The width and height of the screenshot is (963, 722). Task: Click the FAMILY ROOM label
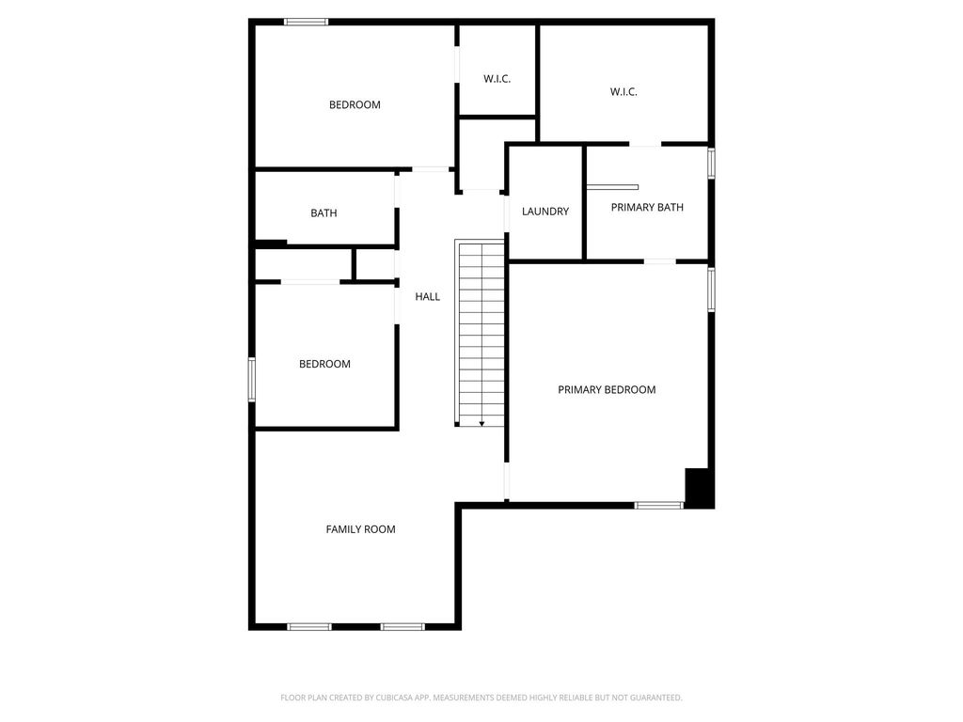tap(360, 529)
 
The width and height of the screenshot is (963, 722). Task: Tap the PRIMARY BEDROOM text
tap(607, 390)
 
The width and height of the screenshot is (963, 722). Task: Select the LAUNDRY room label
tap(545, 212)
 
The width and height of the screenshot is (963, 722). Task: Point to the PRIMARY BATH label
tap(647, 208)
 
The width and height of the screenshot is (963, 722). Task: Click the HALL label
tap(428, 296)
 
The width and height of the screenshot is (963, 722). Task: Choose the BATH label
tap(324, 213)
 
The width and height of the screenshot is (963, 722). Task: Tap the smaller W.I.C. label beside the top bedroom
tap(497, 79)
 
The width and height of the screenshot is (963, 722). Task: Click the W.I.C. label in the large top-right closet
tap(624, 91)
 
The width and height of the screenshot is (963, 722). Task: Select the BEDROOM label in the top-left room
tap(355, 105)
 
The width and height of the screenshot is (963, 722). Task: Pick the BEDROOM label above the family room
tap(324, 364)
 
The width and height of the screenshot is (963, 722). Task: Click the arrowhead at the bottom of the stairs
tap(482, 424)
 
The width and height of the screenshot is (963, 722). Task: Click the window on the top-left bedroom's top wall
tap(306, 23)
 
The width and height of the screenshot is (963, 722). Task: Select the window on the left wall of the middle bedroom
tap(252, 380)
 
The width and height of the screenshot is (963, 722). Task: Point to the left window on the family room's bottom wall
tap(309, 627)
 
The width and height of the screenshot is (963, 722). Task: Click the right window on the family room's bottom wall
tap(403, 627)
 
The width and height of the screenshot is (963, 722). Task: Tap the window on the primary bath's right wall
tap(711, 164)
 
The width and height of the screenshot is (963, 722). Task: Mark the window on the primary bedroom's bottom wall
tap(659, 505)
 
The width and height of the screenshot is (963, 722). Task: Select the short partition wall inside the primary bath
tap(612, 187)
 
